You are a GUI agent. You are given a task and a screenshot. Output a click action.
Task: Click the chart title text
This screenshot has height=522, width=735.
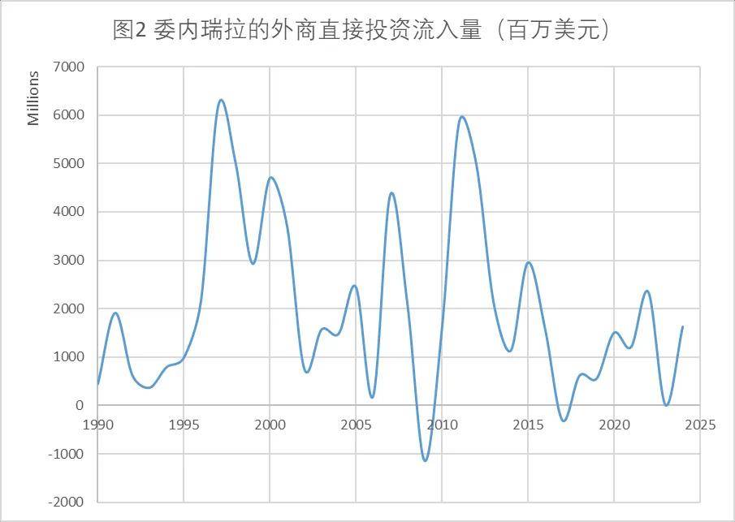point(361,30)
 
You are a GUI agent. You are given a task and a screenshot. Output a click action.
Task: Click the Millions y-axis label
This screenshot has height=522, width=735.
point(33,98)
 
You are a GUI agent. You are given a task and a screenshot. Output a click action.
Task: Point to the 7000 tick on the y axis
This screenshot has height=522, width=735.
point(68,67)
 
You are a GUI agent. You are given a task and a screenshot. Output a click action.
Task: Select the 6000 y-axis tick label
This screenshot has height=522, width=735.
point(68,115)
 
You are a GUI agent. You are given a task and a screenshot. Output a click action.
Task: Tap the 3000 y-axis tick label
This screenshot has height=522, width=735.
point(68,261)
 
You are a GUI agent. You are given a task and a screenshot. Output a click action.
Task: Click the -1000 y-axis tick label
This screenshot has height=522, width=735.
point(66,454)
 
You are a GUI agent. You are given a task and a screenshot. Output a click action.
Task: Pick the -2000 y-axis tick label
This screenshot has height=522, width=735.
point(66,503)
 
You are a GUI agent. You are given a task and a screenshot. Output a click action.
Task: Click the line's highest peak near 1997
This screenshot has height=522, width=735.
point(220,100)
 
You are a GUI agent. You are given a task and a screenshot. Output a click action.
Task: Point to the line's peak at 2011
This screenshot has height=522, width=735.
point(462,116)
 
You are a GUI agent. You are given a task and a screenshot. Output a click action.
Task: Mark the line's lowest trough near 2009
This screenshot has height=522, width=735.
point(426,460)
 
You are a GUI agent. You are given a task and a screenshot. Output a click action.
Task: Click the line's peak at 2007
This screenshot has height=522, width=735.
point(391,193)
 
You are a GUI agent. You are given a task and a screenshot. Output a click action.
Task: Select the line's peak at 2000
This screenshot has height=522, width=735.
point(270,177)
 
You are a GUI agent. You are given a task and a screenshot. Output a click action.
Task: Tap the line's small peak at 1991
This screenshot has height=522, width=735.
point(115,313)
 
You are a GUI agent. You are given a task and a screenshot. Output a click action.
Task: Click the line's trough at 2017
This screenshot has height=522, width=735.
point(564,421)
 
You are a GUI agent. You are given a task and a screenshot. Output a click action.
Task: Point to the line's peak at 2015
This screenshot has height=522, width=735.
point(529,262)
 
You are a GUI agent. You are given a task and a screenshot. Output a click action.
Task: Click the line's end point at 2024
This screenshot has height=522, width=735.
point(682,326)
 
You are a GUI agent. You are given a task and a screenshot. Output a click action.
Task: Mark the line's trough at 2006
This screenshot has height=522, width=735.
point(372,397)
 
